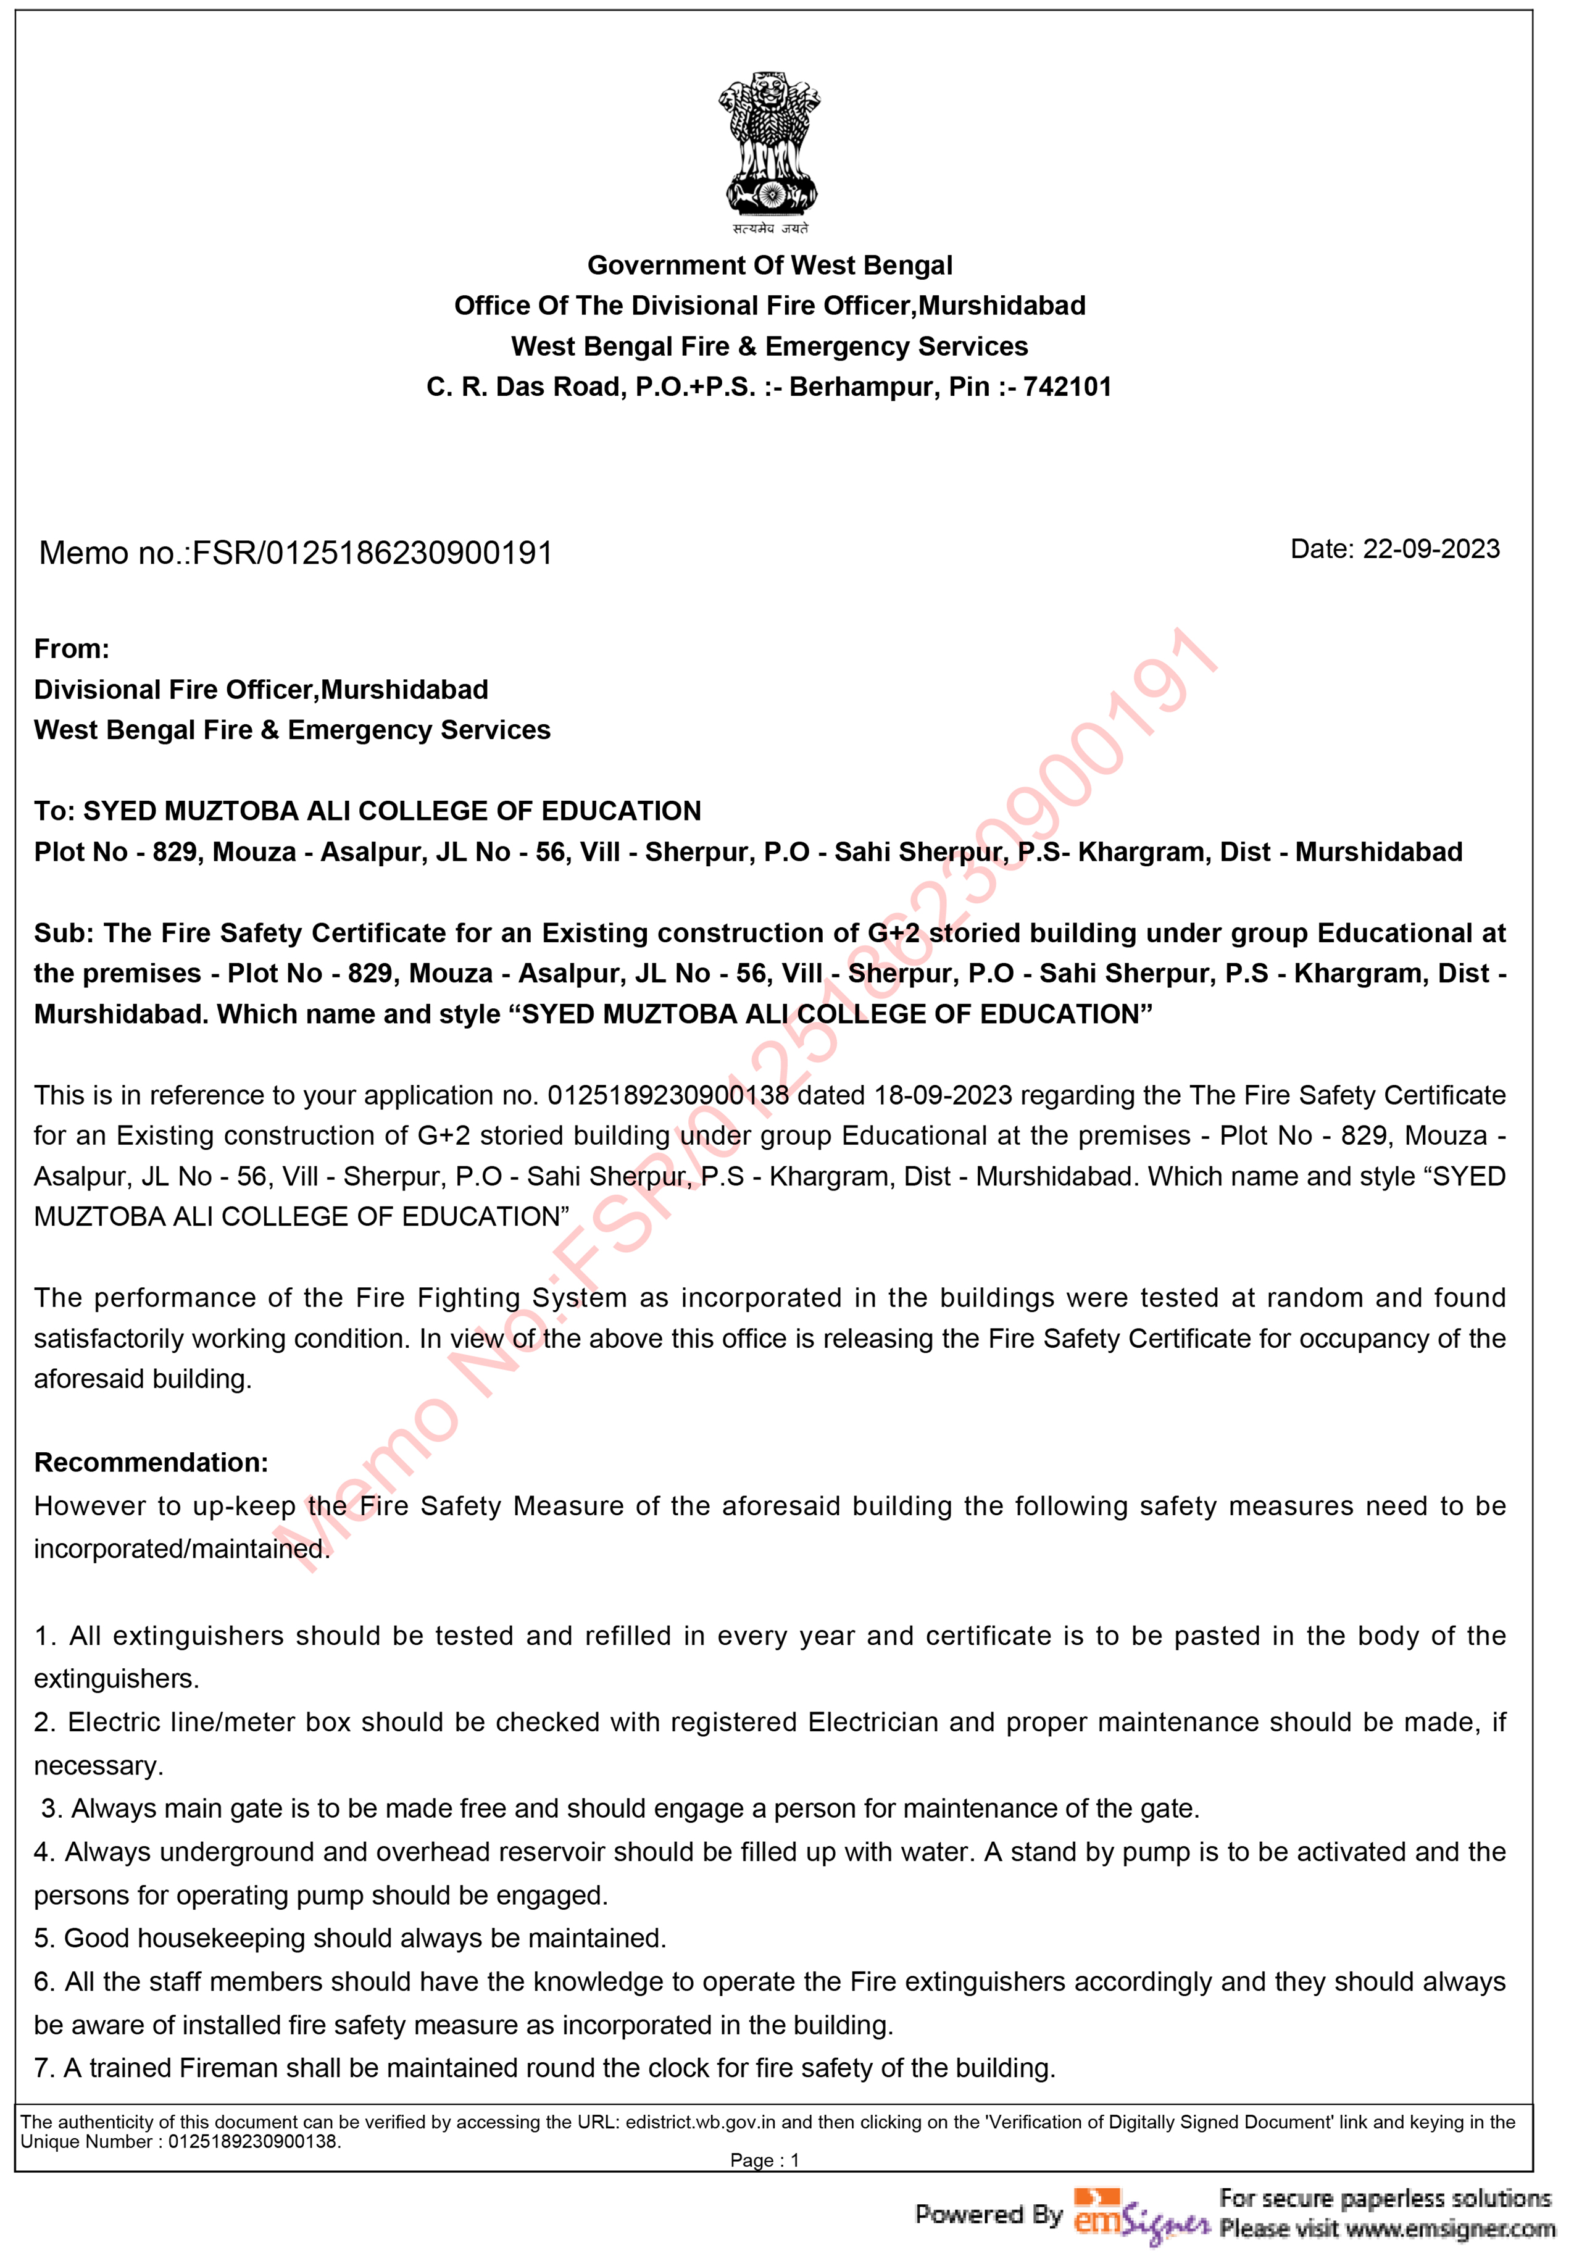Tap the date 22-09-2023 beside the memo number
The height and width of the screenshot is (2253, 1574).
[x=1431, y=550]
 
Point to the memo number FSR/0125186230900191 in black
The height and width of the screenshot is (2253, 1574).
[x=372, y=553]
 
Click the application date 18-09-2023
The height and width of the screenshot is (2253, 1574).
[x=940, y=1095]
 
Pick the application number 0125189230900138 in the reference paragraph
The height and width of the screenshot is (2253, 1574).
[x=667, y=1095]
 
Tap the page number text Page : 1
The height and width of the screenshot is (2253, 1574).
[x=764, y=2160]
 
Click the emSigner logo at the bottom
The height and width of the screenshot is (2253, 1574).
[x=1140, y=2213]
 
